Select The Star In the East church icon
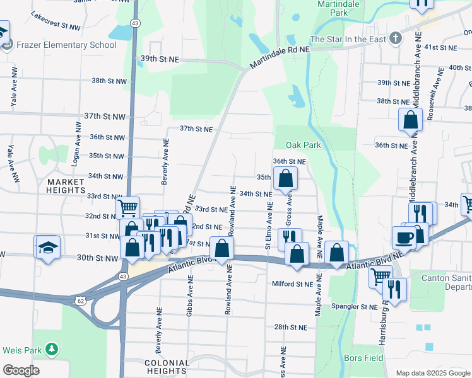click(x=395, y=38)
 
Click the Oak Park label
click(x=303, y=145)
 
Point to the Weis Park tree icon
click(x=52, y=349)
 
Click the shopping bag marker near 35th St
click(x=286, y=178)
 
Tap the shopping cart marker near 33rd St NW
click(x=127, y=207)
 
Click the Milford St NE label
click(x=292, y=284)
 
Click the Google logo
click(x=21, y=370)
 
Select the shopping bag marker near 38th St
click(x=410, y=119)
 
